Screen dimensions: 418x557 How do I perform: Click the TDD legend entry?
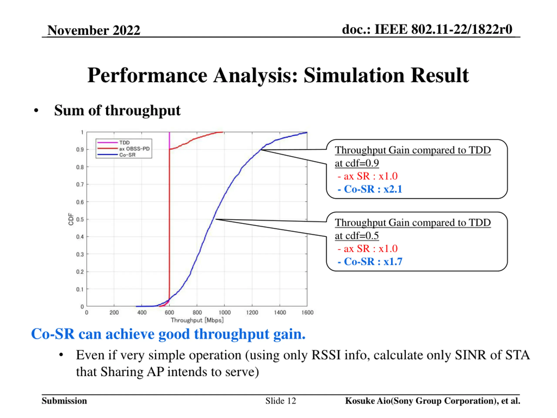tap(124, 143)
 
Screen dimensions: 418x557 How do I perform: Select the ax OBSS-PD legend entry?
tap(134, 149)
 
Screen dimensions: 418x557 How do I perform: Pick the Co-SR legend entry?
tap(127, 155)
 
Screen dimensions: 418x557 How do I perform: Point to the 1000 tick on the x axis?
tap(224, 313)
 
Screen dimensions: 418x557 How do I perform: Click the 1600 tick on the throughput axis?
tap(307, 313)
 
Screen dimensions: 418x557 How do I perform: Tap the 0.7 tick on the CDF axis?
tap(80, 184)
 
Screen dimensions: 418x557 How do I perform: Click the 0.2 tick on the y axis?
tap(80, 272)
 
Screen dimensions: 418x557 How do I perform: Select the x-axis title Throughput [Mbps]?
tap(197, 320)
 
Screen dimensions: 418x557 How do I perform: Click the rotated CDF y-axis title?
tap(71, 219)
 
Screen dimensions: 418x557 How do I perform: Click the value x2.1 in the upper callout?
tap(393, 189)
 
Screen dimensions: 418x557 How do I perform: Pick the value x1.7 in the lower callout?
tap(393, 261)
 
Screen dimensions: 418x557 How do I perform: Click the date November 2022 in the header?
tap(94, 30)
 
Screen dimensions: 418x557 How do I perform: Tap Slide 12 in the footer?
tap(280, 401)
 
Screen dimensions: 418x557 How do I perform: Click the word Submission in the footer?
tap(64, 401)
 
